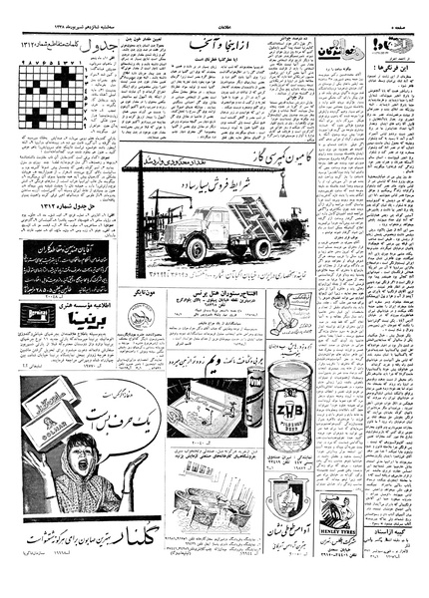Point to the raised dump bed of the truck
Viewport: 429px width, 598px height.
click(x=248, y=214)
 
